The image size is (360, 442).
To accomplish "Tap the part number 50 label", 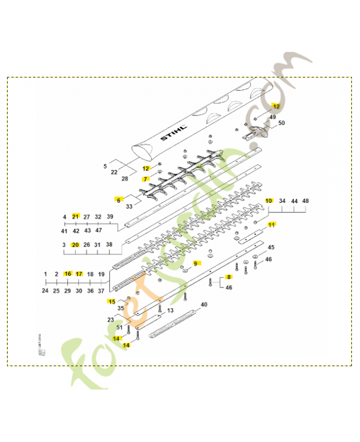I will click(281, 123).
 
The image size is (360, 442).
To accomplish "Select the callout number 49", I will click(272, 117).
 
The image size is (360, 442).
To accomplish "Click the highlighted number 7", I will click(146, 179).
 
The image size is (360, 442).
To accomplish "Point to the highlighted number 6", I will click(118, 199).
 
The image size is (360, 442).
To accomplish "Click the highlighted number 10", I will click(269, 201).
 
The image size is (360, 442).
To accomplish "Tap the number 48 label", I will click(305, 201).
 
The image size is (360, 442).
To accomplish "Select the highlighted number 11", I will click(271, 224).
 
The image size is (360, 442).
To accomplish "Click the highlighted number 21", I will click(76, 217).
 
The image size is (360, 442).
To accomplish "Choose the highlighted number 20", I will click(76, 245).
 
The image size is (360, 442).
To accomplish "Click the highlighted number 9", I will click(195, 263).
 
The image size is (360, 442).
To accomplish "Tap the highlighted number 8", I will click(228, 277).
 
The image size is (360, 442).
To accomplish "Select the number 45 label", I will click(271, 247).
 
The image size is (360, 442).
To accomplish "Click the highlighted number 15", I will click(112, 301).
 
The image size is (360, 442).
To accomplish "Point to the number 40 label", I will click(204, 304).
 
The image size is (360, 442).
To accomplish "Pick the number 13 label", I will click(170, 311).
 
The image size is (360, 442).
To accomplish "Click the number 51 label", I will click(120, 327).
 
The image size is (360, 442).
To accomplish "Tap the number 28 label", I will click(125, 179).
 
